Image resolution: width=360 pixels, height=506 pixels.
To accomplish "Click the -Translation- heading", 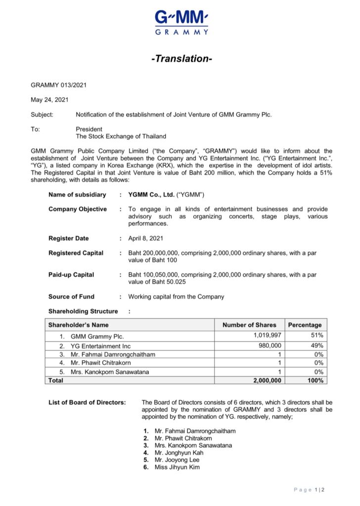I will pyautogui.click(x=181, y=59).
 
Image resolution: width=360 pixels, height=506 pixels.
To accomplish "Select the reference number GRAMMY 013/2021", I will pyautogui.click(x=59, y=85).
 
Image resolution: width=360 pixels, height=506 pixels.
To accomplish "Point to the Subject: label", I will pyautogui.click(x=42, y=114).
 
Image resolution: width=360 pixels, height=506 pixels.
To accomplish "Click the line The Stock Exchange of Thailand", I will pyautogui.click(x=121, y=136).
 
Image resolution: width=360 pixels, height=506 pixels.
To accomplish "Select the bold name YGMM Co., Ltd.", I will pyautogui.click(x=151, y=195).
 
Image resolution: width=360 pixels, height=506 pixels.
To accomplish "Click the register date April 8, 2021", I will pyautogui.click(x=145, y=238).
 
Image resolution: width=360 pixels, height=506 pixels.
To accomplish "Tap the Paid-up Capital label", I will pyautogui.click(x=71, y=274).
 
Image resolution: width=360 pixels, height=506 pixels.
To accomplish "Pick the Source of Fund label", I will pyautogui.click(x=71, y=296).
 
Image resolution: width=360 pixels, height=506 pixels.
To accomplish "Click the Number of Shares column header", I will pyautogui.click(x=249, y=325).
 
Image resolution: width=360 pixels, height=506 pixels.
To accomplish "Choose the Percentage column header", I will pyautogui.click(x=305, y=325).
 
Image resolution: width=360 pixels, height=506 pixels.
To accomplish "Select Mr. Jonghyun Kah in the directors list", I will pyautogui.click(x=179, y=453).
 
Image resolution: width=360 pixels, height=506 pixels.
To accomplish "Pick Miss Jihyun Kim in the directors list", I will pyautogui.click(x=177, y=467).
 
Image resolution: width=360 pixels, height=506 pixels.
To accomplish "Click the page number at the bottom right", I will pyautogui.click(x=309, y=490).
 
